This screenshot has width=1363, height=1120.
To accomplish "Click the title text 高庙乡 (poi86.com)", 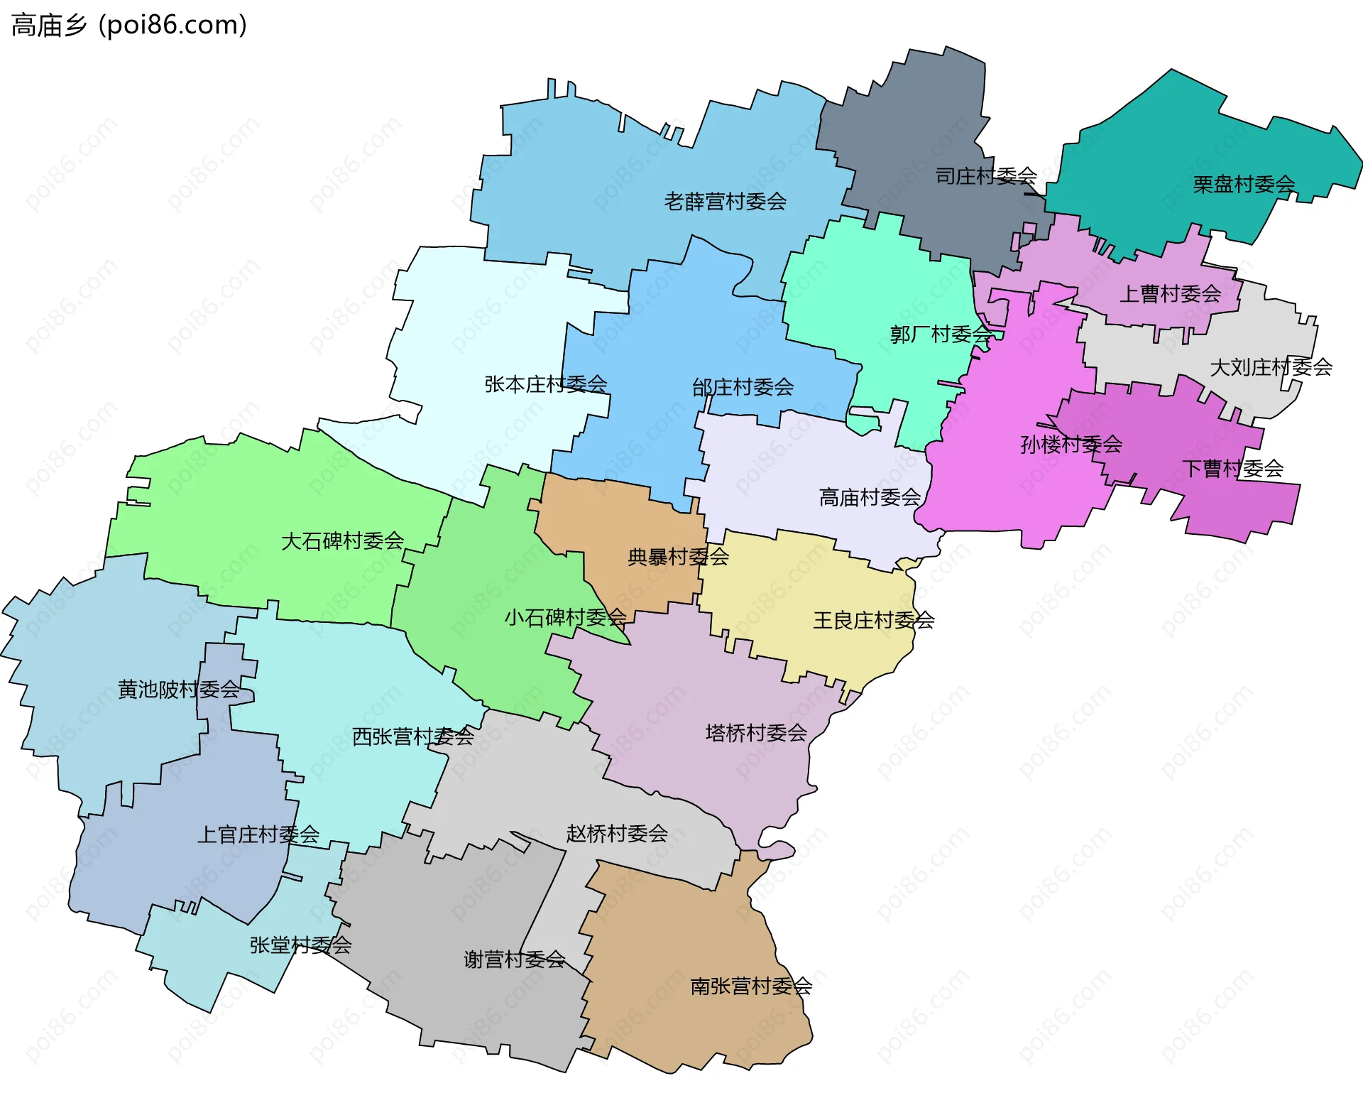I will (129, 25).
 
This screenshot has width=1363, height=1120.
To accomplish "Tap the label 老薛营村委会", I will (725, 202).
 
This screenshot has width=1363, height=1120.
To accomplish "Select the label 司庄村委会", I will (985, 176).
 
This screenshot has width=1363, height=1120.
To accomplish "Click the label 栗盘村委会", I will (1243, 185).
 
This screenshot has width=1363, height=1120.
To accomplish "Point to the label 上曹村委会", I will (1170, 293).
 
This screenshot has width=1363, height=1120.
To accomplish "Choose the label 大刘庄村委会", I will (1271, 367).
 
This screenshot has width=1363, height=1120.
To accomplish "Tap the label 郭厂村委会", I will (941, 334).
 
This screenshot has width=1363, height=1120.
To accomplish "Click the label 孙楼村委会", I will (1071, 445).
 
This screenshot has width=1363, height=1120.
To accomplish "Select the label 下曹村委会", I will (1232, 469).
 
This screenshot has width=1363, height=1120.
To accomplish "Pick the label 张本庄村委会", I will (545, 384).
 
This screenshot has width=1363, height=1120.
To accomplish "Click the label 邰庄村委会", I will (743, 387).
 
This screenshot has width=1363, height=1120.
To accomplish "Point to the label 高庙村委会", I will (870, 497).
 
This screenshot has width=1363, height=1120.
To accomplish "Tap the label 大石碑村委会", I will (342, 541).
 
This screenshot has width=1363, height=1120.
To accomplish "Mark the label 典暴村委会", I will (678, 557).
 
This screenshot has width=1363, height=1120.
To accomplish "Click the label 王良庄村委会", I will (873, 620).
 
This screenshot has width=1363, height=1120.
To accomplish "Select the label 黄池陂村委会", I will (179, 689).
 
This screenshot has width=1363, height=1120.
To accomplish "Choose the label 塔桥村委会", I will (756, 732).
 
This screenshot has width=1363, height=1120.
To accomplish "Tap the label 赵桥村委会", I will (616, 833).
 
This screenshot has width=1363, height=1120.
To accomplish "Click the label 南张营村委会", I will (751, 986).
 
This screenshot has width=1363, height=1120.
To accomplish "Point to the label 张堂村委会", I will (300, 945).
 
